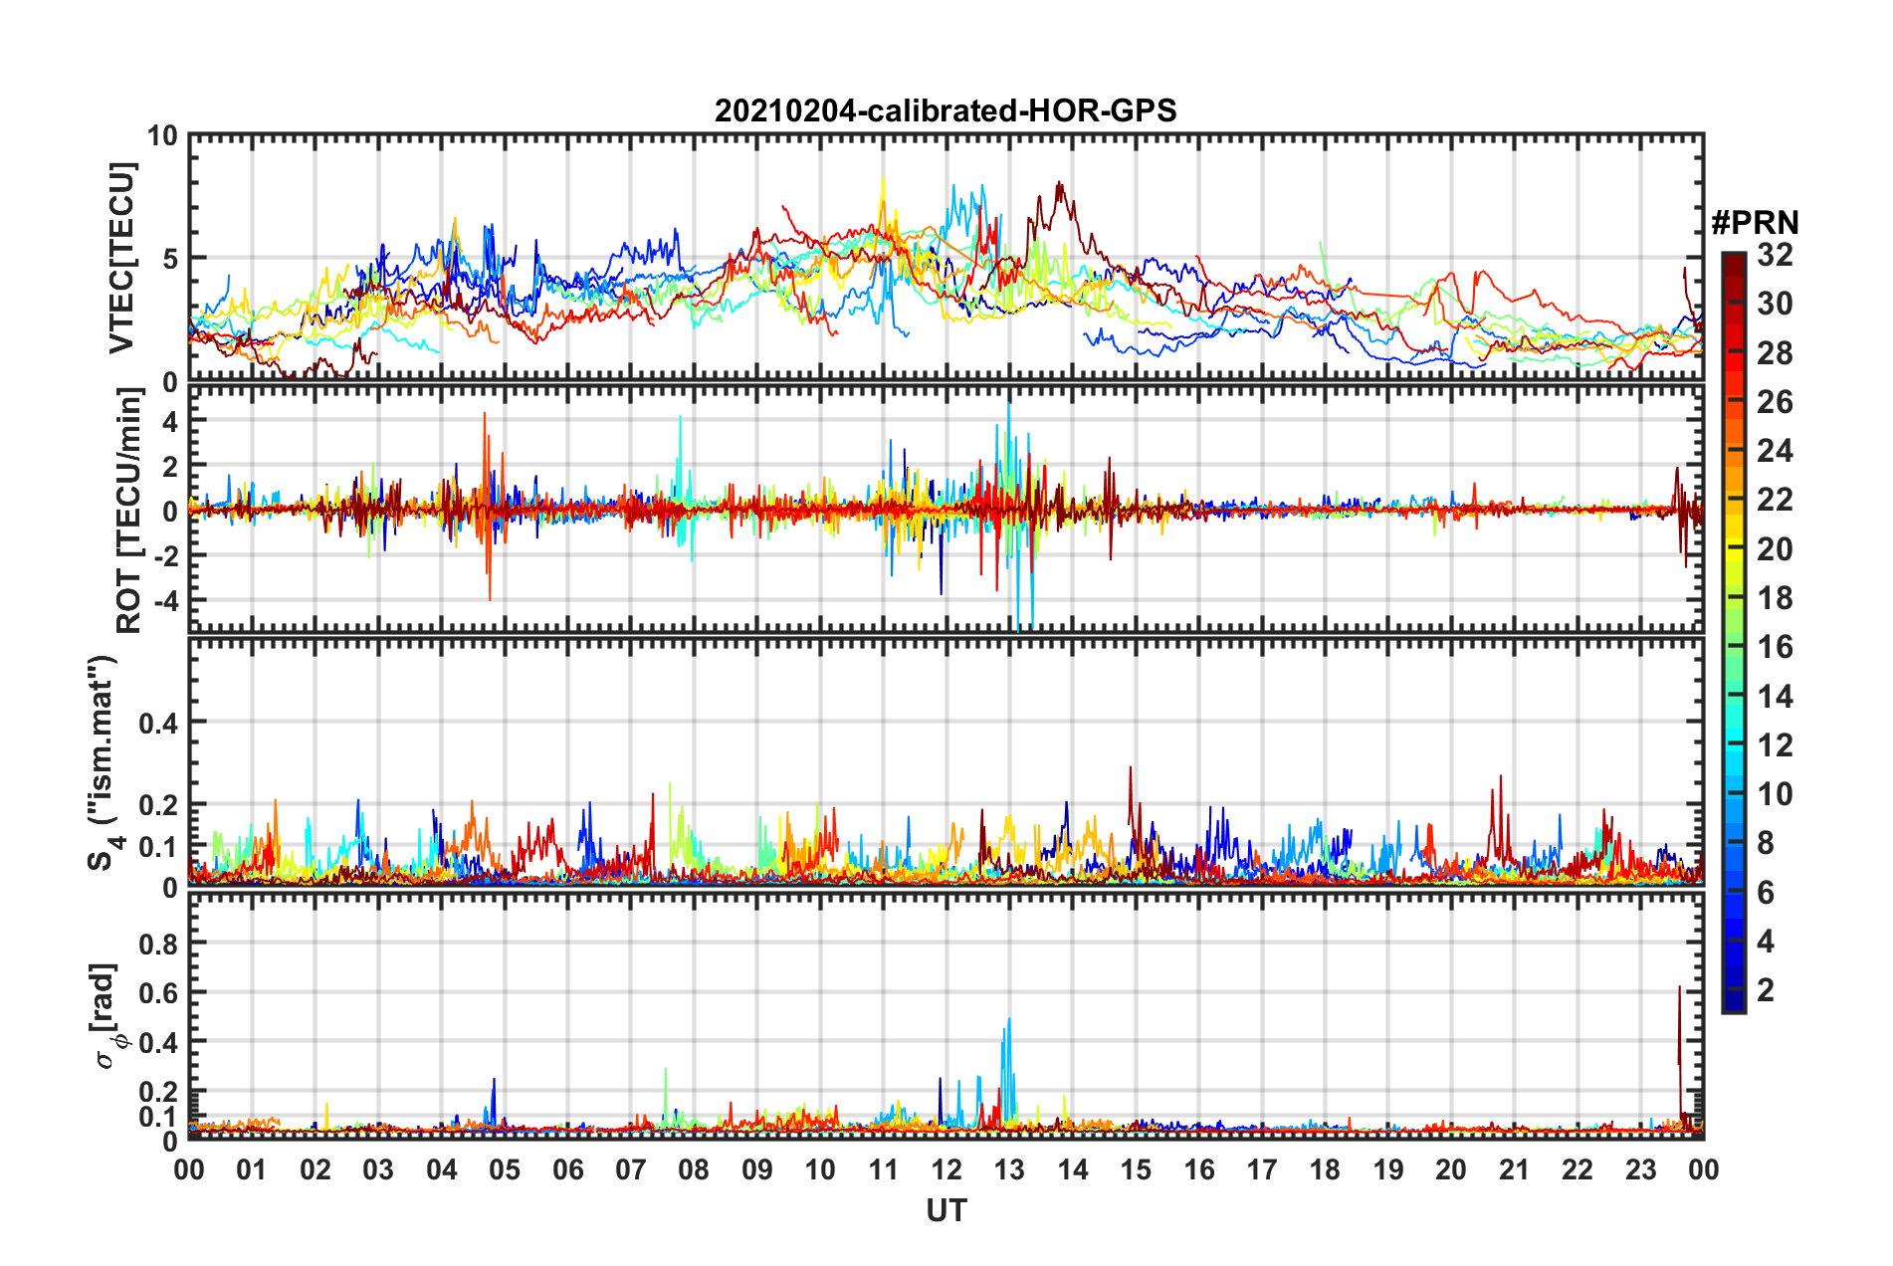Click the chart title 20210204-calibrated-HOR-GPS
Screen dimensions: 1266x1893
click(946, 110)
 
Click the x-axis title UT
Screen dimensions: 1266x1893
click(946, 1210)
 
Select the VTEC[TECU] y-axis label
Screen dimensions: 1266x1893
click(121, 258)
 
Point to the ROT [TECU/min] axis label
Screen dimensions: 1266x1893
click(128, 511)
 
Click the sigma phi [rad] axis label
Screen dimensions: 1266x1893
click(107, 1016)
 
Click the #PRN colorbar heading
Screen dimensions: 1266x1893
click(1755, 222)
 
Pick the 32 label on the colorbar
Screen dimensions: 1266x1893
click(1775, 255)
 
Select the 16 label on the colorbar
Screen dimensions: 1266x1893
click(1775, 647)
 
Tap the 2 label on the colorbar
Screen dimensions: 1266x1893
click(1766, 990)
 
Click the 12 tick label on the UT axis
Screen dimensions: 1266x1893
click(946, 1169)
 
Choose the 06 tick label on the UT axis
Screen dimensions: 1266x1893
click(567, 1169)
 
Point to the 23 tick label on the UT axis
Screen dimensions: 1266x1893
click(1640, 1169)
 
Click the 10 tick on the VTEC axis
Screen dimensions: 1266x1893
click(162, 136)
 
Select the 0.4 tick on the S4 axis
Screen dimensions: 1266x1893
click(158, 724)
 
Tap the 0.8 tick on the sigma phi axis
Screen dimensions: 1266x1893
click(158, 944)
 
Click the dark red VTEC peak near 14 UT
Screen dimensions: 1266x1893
click(1059, 184)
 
